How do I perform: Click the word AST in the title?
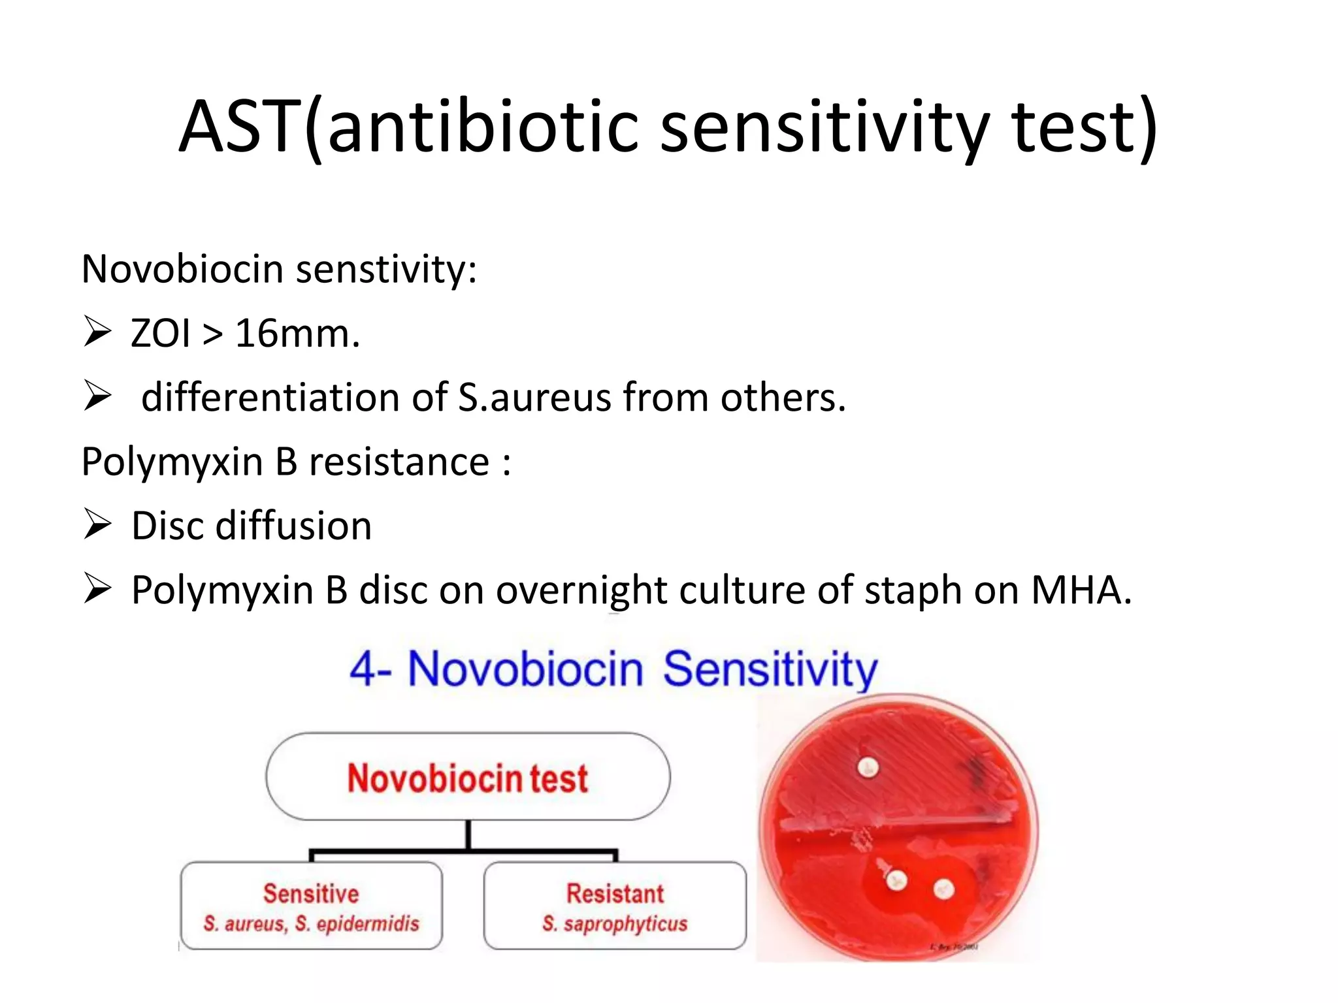click(x=239, y=127)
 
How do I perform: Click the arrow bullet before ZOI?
click(x=97, y=332)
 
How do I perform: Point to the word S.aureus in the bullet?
click(x=534, y=397)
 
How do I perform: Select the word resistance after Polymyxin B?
click(x=399, y=462)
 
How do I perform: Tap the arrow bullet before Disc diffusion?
click(x=97, y=525)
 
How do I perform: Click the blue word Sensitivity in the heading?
click(x=770, y=669)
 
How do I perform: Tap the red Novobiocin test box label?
click(x=467, y=778)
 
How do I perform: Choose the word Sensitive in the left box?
click(x=311, y=893)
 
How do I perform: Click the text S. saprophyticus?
click(x=615, y=924)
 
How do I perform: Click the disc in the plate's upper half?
click(x=868, y=769)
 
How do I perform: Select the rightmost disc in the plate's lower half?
click(x=943, y=889)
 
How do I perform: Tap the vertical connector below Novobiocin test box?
click(x=468, y=835)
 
